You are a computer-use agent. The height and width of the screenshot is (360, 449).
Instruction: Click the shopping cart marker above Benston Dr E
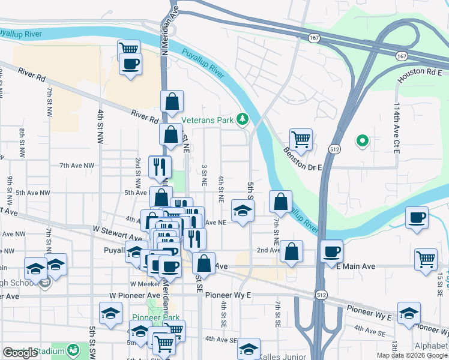pyautogui.click(x=301, y=140)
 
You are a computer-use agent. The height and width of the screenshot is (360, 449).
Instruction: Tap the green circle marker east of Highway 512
pyautogui.click(x=363, y=142)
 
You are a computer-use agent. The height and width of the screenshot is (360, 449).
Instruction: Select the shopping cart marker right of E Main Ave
pyautogui.click(x=426, y=260)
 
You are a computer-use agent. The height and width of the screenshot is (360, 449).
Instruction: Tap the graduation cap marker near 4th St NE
pyautogui.click(x=243, y=211)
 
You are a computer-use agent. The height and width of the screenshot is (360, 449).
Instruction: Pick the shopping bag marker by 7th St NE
pyautogui.click(x=280, y=202)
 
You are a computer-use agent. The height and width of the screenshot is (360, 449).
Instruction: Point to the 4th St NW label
pyautogui.click(x=100, y=127)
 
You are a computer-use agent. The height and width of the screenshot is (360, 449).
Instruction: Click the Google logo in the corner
pyautogui.click(x=20, y=353)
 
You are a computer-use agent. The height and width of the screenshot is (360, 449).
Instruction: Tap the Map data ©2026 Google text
pyautogui.click(x=411, y=355)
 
